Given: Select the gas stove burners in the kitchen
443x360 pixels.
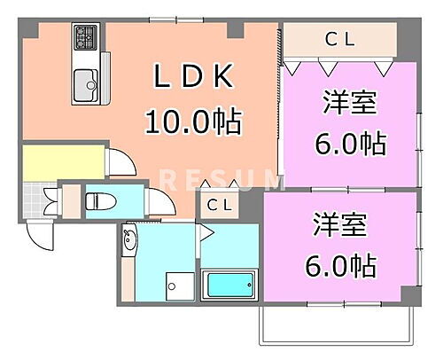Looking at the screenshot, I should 87,37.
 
